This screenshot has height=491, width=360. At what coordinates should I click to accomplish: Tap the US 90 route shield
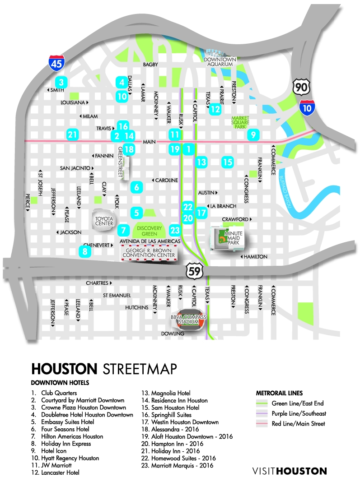pos(300,86)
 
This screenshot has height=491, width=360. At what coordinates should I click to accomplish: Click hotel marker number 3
pos(61,83)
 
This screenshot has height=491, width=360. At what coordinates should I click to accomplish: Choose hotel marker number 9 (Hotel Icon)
pos(253,134)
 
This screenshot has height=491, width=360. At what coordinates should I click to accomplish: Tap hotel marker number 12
pos(215,108)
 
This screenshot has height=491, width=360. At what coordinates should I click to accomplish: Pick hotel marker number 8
pos(84,251)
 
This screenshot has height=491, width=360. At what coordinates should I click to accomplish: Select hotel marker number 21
pos(72,134)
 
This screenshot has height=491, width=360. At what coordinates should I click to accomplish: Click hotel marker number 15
pos(228,162)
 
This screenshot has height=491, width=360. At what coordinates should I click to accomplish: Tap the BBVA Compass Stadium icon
pos(189,320)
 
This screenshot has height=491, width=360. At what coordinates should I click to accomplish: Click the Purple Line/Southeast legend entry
pos(299,413)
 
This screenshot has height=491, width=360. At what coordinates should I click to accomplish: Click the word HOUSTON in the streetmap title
pos(64,369)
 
